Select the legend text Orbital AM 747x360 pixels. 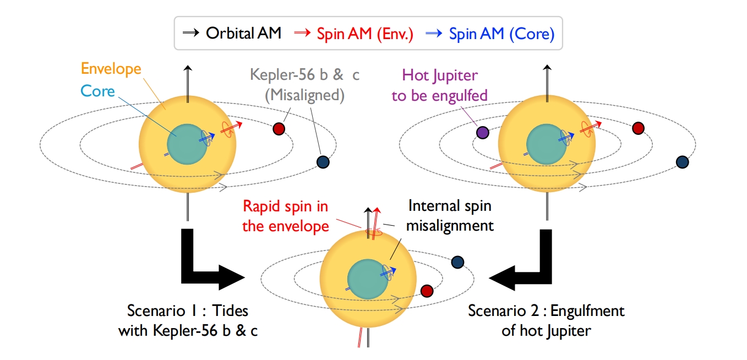pos(243,34)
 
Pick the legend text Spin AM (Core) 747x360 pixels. pos(501,34)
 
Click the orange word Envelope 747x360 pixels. pos(111,69)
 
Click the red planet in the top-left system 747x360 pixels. pos(279,129)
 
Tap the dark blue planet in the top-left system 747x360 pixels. pos(323,161)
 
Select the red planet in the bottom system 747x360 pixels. pos(427,290)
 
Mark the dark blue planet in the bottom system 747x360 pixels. pos(457,263)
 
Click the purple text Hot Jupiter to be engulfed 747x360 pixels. pos(439,85)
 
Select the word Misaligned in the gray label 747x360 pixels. pos(304,95)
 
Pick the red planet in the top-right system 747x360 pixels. pos(638,128)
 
